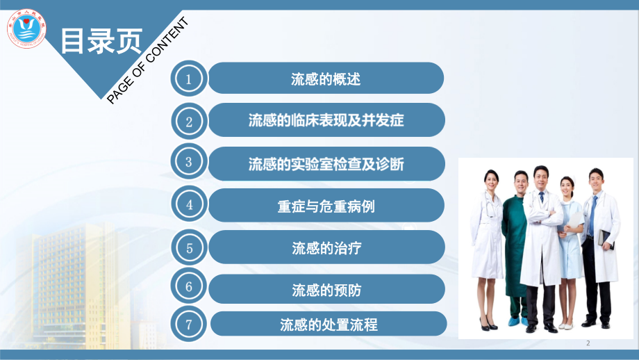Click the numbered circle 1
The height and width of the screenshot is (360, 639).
coord(189,79)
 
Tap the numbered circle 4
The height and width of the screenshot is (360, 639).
coord(189,205)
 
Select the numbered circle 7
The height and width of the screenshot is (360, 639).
coord(189,323)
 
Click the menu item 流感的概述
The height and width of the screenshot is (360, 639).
coord(326,79)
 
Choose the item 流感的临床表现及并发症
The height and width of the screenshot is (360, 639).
coord(326,120)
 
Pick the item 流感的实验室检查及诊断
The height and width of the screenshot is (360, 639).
coord(326,163)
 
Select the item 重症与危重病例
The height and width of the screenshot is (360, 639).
coord(326,206)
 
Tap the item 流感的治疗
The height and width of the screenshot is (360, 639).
coord(326,247)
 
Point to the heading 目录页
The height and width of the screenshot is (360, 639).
coord(101,41)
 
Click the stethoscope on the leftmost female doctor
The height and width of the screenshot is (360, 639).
coord(491,208)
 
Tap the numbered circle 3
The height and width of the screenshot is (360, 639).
coord(189,163)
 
